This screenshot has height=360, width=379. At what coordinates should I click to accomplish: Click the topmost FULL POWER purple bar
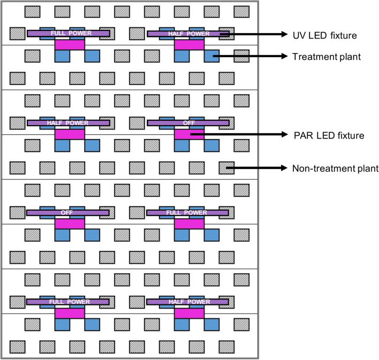pos(69,34)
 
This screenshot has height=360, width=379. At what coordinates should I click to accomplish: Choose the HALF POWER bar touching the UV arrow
pos(188,34)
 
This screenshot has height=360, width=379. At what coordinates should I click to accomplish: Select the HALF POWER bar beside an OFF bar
pos(69,123)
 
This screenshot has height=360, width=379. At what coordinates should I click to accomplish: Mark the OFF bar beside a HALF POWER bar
pos(188,123)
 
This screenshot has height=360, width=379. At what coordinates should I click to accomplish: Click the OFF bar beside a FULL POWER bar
pos(67,213)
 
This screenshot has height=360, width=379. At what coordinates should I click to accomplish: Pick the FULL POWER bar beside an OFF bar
pos(188,213)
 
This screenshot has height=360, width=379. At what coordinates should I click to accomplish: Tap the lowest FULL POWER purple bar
pos(69,302)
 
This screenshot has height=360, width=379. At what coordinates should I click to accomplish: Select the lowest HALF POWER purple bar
pos(188,302)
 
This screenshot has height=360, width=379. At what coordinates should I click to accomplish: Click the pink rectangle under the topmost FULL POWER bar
pos(70,45)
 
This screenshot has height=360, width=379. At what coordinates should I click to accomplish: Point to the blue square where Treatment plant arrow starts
pos(213,55)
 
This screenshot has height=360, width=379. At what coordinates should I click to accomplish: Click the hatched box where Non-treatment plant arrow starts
pos(227,168)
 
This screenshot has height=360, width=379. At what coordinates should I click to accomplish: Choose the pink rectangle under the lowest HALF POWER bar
pos(189,313)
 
